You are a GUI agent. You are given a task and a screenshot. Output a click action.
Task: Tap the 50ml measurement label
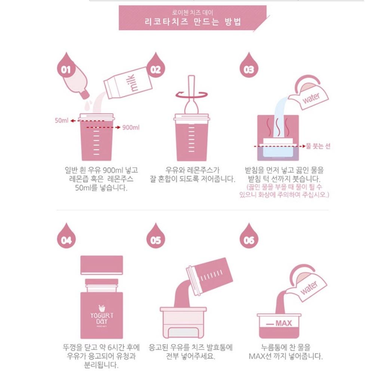tap(61, 120)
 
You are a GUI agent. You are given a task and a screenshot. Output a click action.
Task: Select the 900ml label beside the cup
tap(131, 127)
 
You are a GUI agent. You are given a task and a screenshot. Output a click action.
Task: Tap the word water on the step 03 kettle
tap(311, 98)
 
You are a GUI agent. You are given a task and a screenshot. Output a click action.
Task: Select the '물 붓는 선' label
tap(318, 146)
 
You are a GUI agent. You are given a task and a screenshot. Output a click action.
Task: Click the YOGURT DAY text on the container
tap(102, 318)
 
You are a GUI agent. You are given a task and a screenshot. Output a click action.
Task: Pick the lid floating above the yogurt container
tap(102, 265)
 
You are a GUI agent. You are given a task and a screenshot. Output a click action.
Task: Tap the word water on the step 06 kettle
tap(309, 288)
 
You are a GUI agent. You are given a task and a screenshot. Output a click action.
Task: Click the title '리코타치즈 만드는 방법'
tap(193, 22)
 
